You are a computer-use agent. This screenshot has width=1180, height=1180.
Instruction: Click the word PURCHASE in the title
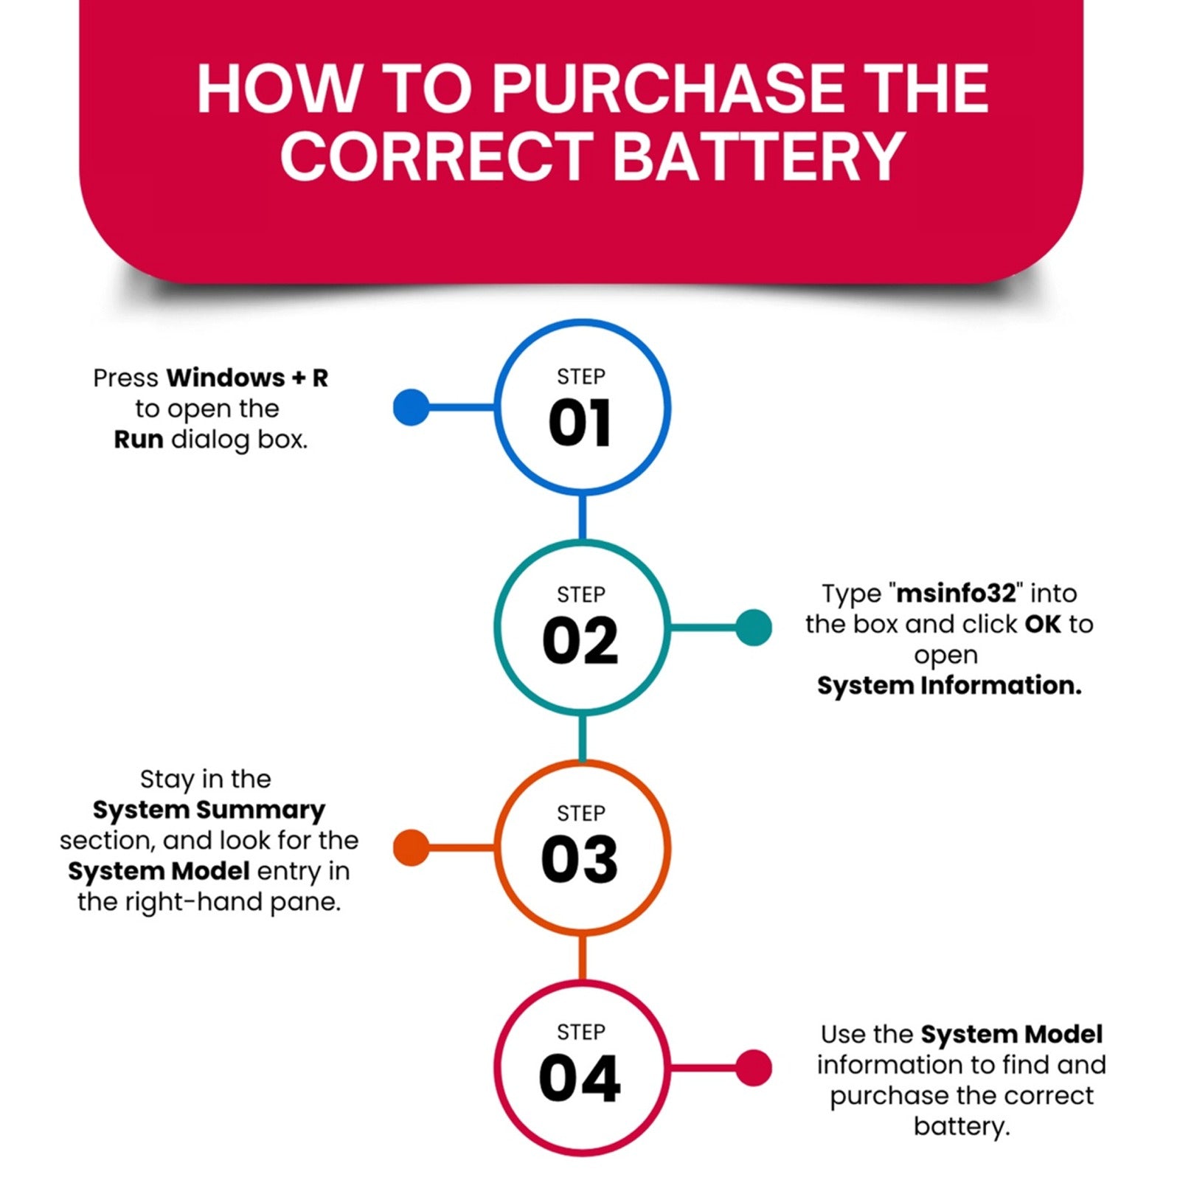[x=668, y=89]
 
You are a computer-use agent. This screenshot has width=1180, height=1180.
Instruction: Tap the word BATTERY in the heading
[x=759, y=156]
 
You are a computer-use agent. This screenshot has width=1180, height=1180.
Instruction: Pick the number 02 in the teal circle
[x=580, y=640]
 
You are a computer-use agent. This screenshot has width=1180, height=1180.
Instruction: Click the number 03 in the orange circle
[x=580, y=859]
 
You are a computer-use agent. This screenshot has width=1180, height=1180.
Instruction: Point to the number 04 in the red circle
[x=580, y=1078]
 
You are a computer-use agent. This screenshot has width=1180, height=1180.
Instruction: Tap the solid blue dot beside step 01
[x=412, y=407]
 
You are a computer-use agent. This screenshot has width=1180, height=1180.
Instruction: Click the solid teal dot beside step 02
[x=754, y=628]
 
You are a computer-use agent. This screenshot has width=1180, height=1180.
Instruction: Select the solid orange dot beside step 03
[x=412, y=847]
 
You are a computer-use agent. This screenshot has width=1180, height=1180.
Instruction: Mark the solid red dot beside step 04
[x=754, y=1068]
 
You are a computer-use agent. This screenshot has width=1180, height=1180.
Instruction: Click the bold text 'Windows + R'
[x=247, y=378]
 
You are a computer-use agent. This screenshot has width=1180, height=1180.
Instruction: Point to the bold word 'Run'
[x=139, y=440]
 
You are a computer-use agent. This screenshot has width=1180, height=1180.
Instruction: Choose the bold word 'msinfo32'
[x=957, y=593]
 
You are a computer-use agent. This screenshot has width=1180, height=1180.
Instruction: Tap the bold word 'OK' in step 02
[x=1043, y=624]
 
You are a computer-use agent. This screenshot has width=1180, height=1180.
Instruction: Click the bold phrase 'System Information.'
[x=949, y=686]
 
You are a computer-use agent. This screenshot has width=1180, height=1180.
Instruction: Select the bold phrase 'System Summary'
[x=209, y=811]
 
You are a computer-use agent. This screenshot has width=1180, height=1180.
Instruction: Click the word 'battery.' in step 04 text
[x=962, y=1127]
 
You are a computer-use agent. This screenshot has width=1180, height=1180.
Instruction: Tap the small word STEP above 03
[x=581, y=813]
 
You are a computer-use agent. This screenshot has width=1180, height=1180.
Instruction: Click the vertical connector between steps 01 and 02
[x=583, y=517]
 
